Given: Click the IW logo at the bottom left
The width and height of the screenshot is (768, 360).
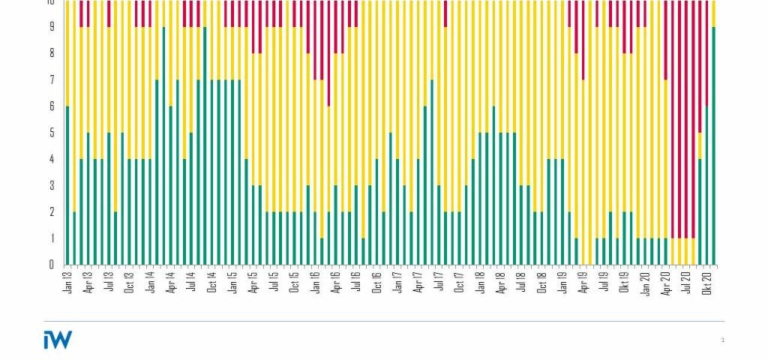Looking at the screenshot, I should (x=58, y=339).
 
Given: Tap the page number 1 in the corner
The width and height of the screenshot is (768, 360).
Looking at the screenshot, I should (x=722, y=340).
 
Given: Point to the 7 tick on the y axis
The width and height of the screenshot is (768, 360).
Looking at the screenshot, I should (x=51, y=79).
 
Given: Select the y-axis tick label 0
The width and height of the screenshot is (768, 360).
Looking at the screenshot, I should (x=51, y=264).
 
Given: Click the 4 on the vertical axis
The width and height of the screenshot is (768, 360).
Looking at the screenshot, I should (x=51, y=159).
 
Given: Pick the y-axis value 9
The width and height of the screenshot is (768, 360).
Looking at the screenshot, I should (x=51, y=27).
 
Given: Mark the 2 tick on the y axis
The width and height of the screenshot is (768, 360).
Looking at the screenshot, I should (x=51, y=211).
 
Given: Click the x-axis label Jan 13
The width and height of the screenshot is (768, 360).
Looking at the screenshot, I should (x=67, y=280).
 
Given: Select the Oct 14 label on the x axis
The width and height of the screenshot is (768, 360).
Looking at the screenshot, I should (x=212, y=280).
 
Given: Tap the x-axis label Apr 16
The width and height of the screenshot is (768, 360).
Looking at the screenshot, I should (x=336, y=280).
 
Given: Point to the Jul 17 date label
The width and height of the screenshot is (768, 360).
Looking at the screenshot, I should (x=439, y=280).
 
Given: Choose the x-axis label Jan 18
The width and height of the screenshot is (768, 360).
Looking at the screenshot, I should (x=481, y=280).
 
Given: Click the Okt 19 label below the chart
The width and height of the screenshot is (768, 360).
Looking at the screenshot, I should (x=625, y=280).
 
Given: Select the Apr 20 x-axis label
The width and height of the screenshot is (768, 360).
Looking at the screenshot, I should (x=666, y=280).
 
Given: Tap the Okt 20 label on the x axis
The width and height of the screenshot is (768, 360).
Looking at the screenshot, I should (x=707, y=280).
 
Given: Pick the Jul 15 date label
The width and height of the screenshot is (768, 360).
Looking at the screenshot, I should (x=274, y=280).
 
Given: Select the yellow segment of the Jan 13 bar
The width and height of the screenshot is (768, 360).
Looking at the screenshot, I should (x=67, y=52).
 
